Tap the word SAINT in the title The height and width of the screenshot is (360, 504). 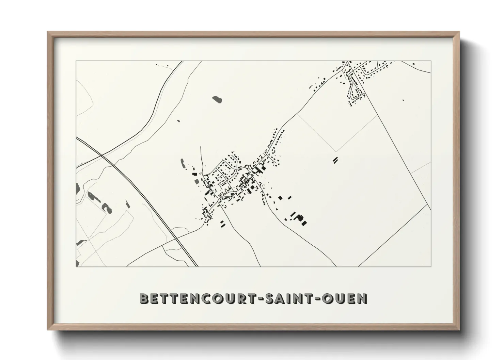[287, 298]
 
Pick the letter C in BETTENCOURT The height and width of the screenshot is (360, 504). [206, 298]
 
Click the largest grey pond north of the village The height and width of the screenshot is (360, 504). [217, 99]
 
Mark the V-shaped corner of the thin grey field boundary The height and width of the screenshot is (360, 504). [336, 151]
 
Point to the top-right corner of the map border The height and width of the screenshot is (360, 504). [431, 61]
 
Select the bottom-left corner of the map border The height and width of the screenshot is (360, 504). [76, 266]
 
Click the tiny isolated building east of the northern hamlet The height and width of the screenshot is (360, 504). [403, 100]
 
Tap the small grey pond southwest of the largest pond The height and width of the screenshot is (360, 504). [178, 120]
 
